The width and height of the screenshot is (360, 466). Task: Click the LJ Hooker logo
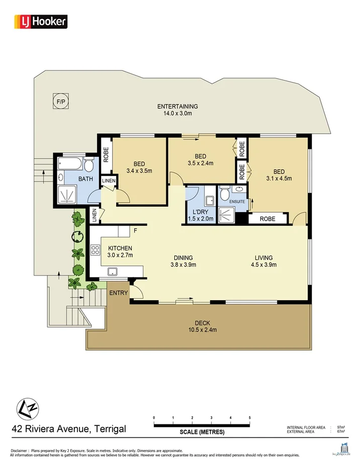(x=41, y=21)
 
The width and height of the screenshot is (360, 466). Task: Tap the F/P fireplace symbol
(x=61, y=102)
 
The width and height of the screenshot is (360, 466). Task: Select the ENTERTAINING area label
(x=177, y=107)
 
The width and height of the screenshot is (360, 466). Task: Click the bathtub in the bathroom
(x=69, y=164)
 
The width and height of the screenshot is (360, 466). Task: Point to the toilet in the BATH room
(x=88, y=165)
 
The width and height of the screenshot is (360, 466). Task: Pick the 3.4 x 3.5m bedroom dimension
(x=139, y=171)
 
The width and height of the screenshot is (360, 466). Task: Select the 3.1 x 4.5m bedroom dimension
(x=279, y=178)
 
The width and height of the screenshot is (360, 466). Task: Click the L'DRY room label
(x=201, y=212)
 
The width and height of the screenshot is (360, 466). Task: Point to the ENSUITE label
(x=237, y=202)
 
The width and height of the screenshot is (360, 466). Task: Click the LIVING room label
(x=263, y=258)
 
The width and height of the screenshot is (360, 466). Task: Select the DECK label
(x=202, y=323)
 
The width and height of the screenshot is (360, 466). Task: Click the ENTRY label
(x=118, y=292)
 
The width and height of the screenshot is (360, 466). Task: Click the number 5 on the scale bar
(x=249, y=418)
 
